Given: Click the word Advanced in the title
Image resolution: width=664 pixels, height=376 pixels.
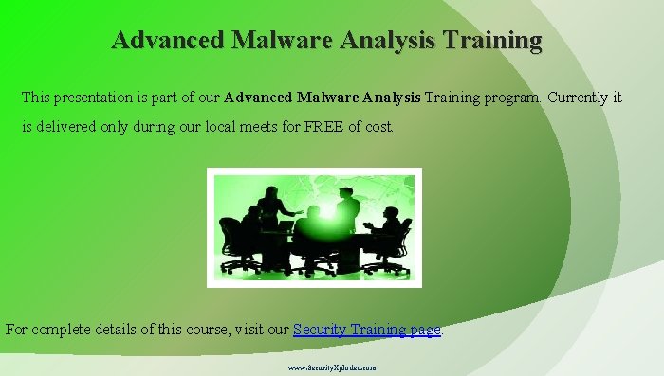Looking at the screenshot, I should click(167, 40).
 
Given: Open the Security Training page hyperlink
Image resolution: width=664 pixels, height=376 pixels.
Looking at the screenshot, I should click(367, 330).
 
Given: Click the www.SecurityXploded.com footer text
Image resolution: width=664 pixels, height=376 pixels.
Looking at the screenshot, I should click(331, 366).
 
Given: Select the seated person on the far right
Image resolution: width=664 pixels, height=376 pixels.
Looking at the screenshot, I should click(390, 232).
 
